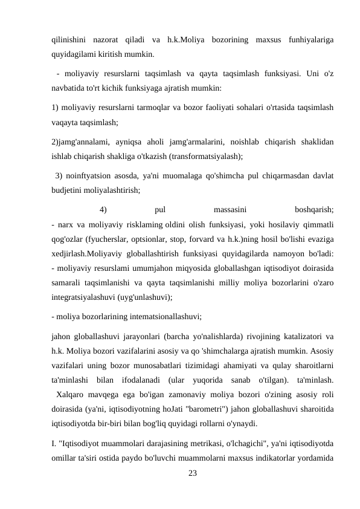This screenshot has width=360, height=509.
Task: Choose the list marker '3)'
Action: pos(59,176)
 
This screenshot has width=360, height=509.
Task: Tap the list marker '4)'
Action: pos(103,210)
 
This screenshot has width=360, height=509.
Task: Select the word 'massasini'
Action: pos(230,210)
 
